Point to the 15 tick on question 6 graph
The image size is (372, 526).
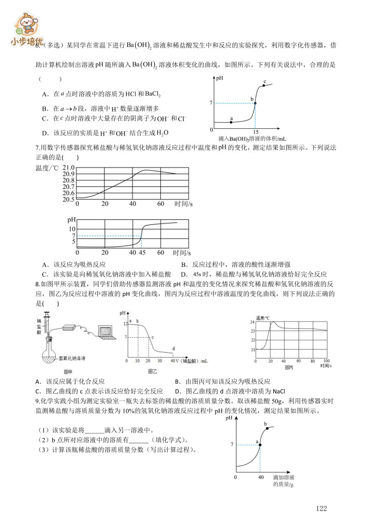point(255,132)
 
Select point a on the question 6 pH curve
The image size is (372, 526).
point(231,122)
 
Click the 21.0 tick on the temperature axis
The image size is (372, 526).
point(68,168)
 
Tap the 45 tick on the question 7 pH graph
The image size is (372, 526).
point(142,252)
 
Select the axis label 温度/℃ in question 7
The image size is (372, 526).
point(48,168)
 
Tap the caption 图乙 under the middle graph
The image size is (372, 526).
point(153,371)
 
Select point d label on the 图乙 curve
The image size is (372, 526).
point(173,348)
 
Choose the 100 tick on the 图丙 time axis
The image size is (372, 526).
point(326,360)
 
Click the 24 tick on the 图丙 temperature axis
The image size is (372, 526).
point(252,322)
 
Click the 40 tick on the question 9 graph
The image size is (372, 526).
point(260,477)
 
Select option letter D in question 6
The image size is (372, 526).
point(46,132)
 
